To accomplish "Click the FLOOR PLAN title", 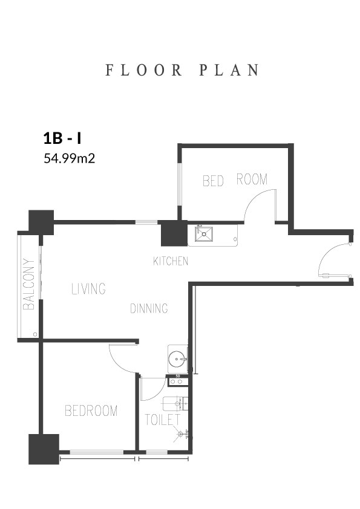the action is tap(182, 70).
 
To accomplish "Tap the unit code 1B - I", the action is tap(62, 138).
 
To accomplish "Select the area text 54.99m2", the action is tap(70, 158).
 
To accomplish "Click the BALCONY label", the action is tap(29, 284).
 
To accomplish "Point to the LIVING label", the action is tap(89, 288).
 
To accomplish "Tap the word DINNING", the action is tap(149, 308).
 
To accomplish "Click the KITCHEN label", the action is tap(171, 261).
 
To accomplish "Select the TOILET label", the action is tap(162, 420).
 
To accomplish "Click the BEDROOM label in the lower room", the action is tap(91, 410).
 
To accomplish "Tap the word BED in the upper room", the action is tap(213, 181).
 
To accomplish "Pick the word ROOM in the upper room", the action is tap(252, 179).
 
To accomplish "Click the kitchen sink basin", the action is tap(204, 234).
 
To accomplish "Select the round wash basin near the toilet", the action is tap(177, 359).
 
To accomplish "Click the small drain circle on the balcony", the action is tap(35, 334).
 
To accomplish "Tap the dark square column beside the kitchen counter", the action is tap(174, 233).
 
